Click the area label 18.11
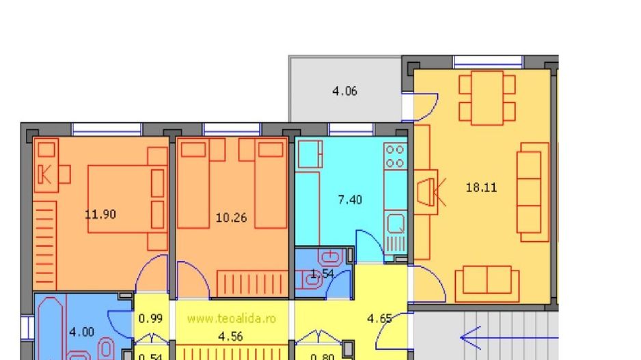(481, 187)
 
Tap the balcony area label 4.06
(344, 91)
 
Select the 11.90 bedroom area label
(100, 214)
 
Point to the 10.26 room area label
(231, 219)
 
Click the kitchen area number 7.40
(350, 199)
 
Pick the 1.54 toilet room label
(322, 275)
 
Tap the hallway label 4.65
(379, 318)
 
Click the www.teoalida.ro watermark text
(231, 318)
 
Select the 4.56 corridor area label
(230, 336)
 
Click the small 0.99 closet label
(150, 318)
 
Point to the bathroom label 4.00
(83, 332)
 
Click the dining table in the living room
(487, 98)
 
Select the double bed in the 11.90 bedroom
(126, 198)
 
